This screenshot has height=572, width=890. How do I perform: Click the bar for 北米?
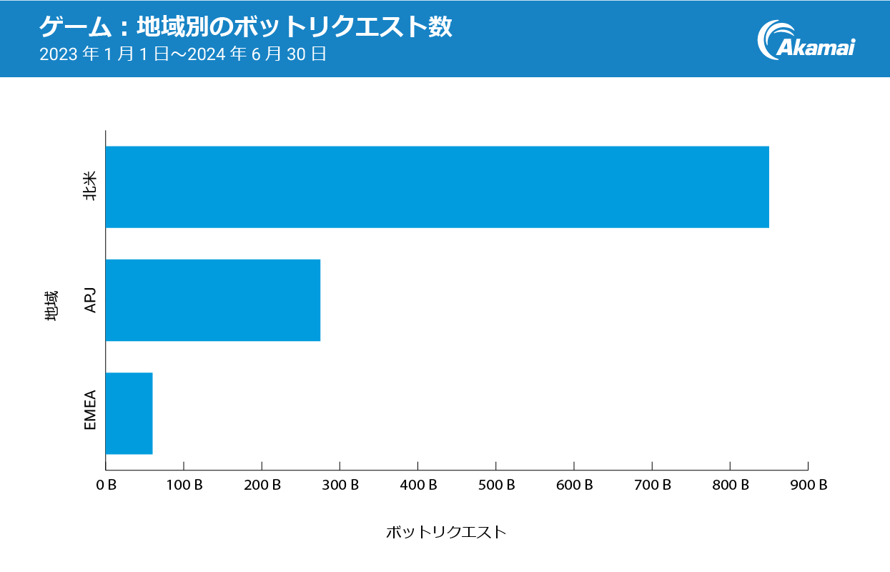437,187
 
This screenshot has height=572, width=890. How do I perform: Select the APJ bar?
212,300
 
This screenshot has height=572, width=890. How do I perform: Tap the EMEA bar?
129,413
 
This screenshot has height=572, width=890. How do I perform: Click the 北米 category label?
90,187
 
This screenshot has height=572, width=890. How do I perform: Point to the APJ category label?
90,300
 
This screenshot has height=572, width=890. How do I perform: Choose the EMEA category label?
90,413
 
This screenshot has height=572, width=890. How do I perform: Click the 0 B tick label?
106,485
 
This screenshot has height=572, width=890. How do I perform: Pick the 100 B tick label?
184,485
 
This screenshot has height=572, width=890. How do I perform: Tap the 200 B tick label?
262,485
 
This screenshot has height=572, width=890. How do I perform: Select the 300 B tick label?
340,485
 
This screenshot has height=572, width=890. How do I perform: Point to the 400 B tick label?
417,485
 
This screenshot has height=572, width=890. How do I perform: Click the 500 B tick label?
495,485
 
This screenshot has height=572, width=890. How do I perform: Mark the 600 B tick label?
574,485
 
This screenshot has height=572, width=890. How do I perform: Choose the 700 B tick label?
652,485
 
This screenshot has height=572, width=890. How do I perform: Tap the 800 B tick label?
730,485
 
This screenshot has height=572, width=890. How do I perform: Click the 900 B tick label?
808,485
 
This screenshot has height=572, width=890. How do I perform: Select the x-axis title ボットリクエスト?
445,533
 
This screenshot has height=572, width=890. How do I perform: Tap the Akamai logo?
806,40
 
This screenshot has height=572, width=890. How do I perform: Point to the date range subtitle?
183,54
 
